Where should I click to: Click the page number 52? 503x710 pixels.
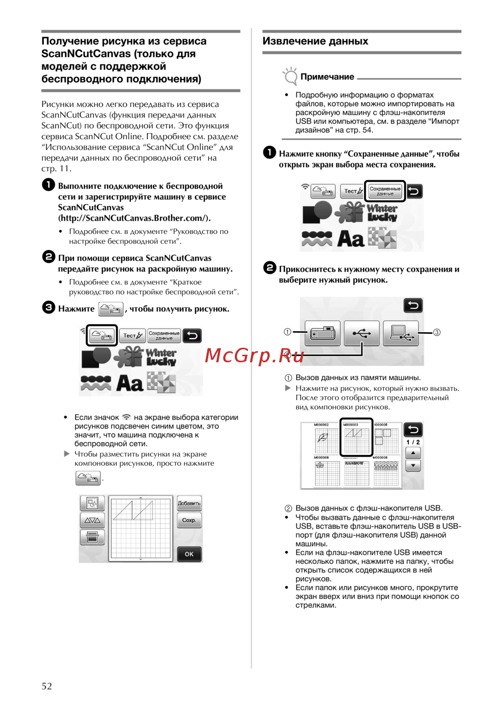47,686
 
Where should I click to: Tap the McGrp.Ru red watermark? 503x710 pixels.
255,355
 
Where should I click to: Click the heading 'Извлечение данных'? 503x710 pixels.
315,41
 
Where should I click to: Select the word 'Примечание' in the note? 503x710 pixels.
327,77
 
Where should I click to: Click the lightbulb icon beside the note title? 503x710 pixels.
290,76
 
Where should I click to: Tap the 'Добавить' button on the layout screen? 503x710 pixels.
189,503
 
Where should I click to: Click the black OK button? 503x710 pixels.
189,554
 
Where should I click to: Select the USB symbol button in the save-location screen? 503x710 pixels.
362,333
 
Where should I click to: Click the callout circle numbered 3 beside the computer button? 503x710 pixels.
437,332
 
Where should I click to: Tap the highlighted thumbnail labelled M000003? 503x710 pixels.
356,437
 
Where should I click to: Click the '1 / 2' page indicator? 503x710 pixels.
413,442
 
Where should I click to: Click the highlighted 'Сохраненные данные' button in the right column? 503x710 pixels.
385,191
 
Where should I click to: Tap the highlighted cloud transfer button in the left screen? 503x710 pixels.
102,335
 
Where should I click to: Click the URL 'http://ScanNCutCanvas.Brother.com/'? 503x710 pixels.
134,218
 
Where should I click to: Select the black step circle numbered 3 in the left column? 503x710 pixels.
48,307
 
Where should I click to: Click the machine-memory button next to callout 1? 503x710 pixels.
322,333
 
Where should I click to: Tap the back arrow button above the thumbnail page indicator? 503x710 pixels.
413,430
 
